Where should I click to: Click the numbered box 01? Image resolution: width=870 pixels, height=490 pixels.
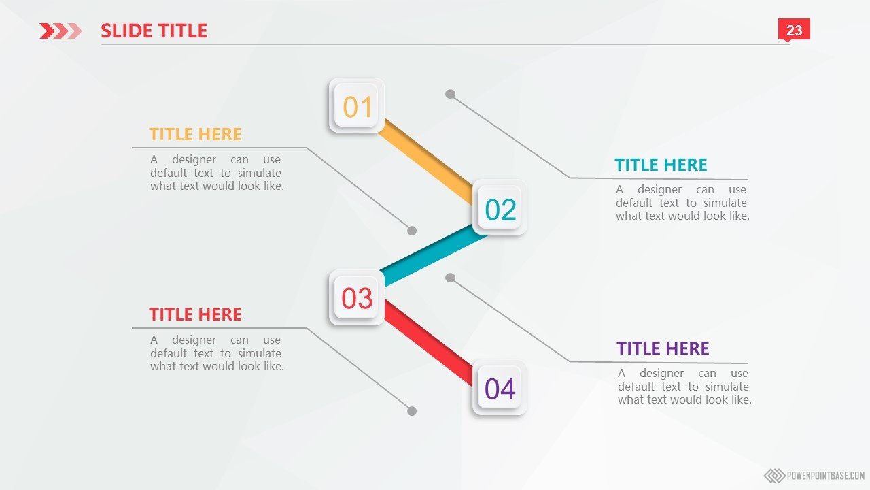357,105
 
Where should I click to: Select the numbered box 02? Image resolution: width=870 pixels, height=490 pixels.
500,208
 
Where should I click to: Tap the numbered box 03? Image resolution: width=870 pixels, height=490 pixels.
357,297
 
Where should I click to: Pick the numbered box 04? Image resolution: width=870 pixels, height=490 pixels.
500,388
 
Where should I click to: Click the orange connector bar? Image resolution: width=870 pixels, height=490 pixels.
425,161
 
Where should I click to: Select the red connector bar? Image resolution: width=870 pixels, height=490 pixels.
428,343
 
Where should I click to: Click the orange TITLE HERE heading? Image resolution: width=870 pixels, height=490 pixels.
195,134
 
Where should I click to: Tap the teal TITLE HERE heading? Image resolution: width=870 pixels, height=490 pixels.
661,165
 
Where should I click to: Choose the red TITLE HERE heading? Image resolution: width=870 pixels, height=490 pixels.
195,314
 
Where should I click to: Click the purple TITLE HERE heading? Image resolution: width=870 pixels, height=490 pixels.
663,348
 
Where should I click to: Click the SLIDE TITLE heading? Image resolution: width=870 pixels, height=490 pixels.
154,31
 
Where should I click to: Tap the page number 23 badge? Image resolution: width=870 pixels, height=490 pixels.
794,29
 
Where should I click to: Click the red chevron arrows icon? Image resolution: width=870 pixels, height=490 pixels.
60,31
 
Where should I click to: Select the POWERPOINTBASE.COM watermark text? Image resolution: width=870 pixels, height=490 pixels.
826,475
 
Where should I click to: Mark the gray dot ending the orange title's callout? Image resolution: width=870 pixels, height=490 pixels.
412,231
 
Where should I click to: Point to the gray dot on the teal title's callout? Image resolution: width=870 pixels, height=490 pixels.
450,94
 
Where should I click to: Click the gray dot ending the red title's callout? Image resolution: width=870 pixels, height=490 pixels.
412,411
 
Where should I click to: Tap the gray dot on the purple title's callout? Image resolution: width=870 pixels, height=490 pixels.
450,278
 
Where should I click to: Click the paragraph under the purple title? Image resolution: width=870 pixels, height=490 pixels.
684,387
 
